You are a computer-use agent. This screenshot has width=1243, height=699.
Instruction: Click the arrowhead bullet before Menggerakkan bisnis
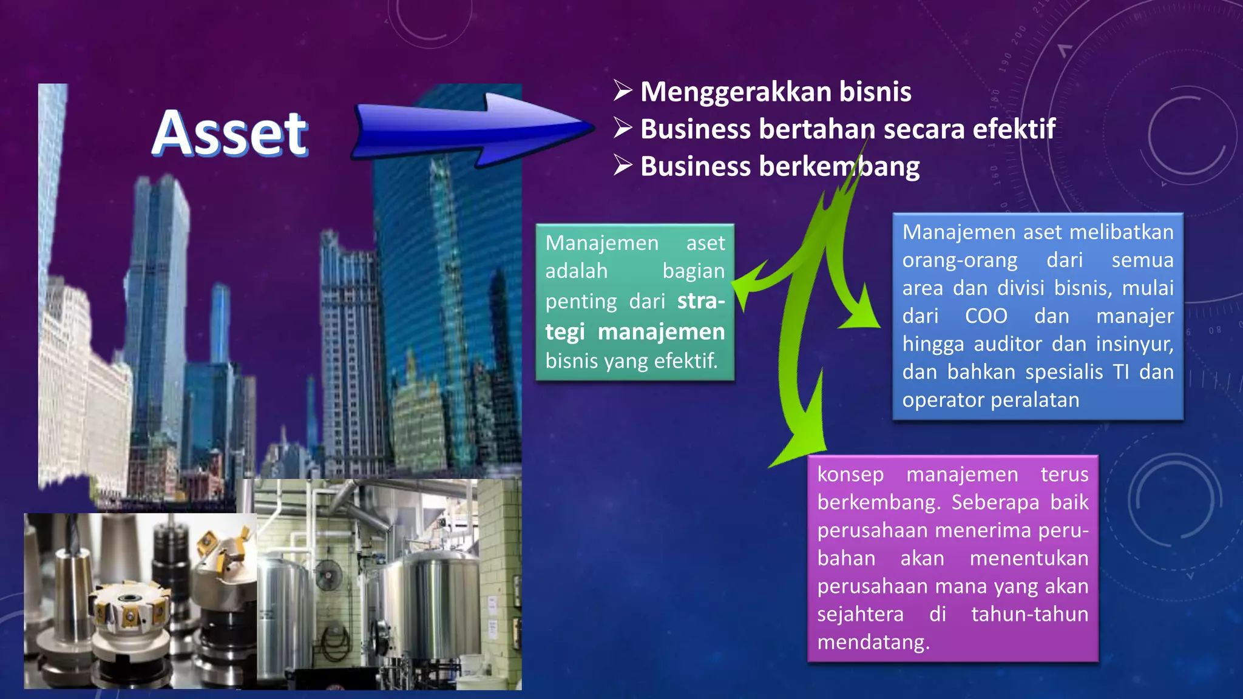tap(623, 90)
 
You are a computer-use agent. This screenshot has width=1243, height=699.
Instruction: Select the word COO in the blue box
tap(986, 316)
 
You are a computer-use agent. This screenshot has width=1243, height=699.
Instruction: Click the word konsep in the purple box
tap(850, 474)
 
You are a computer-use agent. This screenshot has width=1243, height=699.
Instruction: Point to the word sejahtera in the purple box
tap(860, 614)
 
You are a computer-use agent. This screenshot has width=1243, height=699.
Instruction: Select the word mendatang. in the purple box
tap(873, 642)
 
